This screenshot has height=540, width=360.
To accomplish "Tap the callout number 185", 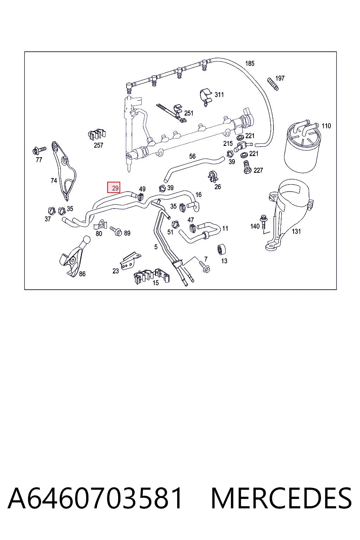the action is point(250,63).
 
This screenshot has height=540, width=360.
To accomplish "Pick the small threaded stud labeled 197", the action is point(272,84).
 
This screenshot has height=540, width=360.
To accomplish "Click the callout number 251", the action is point(188,113).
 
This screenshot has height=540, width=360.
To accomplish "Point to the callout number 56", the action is point(192,156).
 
